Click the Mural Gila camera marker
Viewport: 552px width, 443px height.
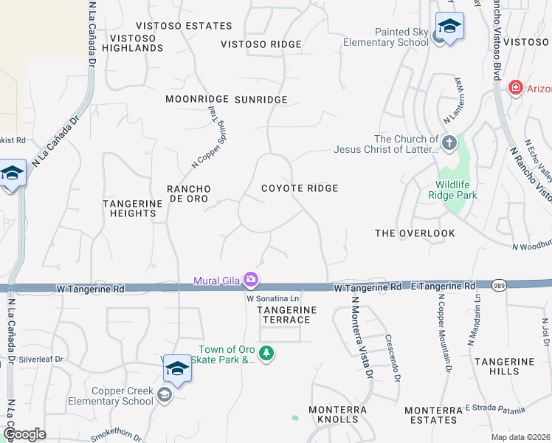pyautogui.click(x=251, y=280)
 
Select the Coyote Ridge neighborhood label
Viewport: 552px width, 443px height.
pyautogui.click(x=300, y=188)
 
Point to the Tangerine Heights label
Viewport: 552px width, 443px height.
pyautogui.click(x=130, y=208)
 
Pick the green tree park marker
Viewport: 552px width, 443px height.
pyautogui.click(x=266, y=354)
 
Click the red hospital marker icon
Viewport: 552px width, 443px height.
pyautogui.click(x=515, y=89)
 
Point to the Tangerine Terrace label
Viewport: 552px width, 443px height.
pyautogui.click(x=286, y=315)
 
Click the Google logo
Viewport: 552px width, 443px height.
pyautogui.click(x=24, y=434)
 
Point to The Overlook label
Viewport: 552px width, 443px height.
pyautogui.click(x=415, y=233)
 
